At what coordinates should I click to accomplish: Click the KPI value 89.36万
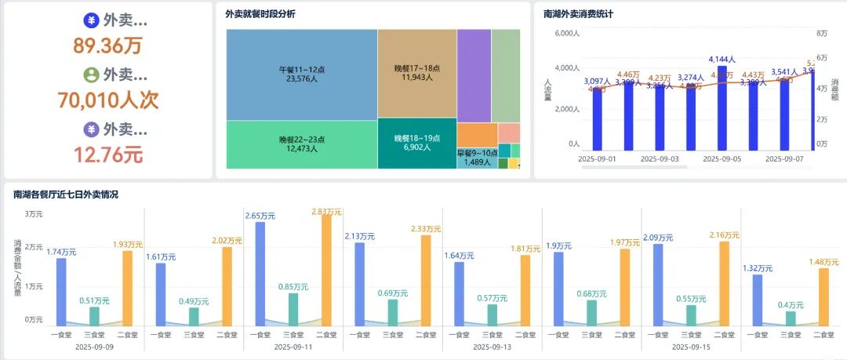tap(108, 45)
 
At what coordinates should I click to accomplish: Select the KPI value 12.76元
tap(108, 155)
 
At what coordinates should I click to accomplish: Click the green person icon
tap(91, 75)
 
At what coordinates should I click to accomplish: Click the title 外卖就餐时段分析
tap(260, 14)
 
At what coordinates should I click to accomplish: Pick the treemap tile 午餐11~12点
tap(302, 74)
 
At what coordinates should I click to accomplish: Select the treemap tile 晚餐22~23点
tap(302, 144)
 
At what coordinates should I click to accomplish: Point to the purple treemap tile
tap(474, 75)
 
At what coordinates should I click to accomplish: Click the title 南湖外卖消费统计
tap(579, 14)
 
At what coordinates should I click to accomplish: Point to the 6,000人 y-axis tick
tap(566, 34)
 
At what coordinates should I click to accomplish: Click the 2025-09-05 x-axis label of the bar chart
tap(722, 158)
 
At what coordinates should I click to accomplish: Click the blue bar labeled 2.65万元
tap(260, 273)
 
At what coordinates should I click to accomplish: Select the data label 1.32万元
tap(758, 268)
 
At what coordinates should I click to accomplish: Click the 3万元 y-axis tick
tap(34, 214)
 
